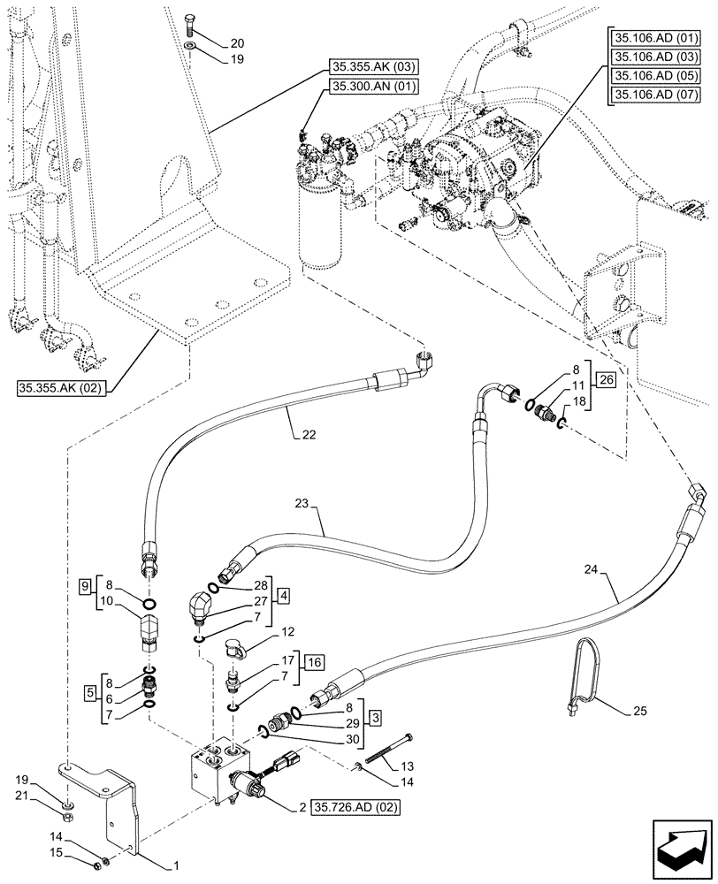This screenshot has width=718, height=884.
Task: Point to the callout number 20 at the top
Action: click(213, 42)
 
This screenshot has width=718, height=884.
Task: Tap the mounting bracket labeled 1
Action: click(119, 813)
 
